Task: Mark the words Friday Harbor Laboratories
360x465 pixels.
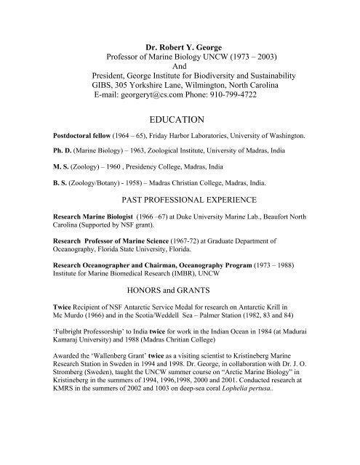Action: point(195,136)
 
